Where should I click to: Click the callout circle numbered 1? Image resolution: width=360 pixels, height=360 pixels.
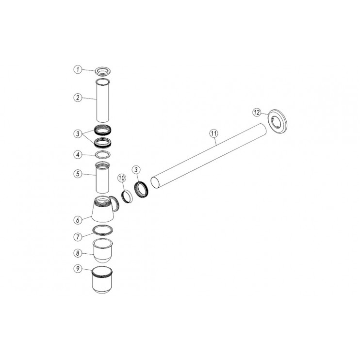[x=78, y=69]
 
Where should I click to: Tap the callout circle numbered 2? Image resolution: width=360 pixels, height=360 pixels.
[x=78, y=98]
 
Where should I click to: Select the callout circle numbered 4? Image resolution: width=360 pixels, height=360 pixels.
[x=78, y=155]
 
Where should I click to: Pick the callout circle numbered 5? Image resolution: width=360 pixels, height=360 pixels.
[x=78, y=174]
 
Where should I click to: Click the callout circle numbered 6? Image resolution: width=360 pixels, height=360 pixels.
[x=78, y=220]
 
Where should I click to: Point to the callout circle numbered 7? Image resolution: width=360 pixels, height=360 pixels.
[x=78, y=237]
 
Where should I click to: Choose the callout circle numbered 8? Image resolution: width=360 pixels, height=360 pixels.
[x=78, y=253]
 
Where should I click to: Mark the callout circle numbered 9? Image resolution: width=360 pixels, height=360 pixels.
[x=78, y=268]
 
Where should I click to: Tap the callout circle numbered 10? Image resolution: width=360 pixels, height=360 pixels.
[x=122, y=178]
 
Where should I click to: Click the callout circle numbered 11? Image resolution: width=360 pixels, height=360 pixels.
[x=214, y=133]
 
